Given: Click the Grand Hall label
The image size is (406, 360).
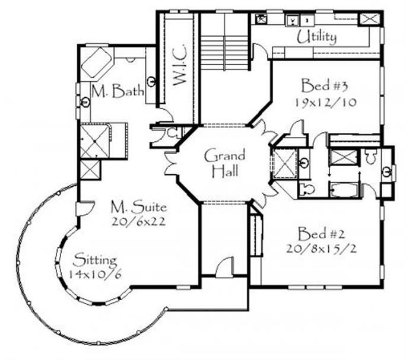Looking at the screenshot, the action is (224, 163).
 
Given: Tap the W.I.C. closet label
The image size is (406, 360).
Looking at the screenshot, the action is (179, 65).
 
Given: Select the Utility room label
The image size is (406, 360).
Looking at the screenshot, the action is (316, 37).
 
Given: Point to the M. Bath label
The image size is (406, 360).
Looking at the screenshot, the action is (118, 91).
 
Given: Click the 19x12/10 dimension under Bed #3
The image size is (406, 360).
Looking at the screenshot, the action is (325, 103).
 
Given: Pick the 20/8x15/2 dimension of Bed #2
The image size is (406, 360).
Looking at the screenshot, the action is (321, 249).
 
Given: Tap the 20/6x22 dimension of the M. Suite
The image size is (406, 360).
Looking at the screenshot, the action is (138, 222).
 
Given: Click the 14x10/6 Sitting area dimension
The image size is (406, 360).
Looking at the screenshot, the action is (94, 275).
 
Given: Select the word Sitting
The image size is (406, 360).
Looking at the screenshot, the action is (95, 260).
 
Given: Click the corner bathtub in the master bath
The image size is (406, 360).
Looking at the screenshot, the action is (97, 62).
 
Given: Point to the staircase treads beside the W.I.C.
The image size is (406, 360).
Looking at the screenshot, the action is (225, 53).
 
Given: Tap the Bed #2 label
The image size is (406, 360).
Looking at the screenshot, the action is (321, 234).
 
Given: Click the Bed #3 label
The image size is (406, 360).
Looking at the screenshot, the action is (324, 85).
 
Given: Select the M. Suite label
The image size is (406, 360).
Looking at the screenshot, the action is (139, 207).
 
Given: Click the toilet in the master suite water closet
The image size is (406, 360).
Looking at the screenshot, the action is (172, 133).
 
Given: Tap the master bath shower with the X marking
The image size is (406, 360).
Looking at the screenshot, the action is (95, 141).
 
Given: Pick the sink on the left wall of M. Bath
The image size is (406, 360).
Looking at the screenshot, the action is (85, 102).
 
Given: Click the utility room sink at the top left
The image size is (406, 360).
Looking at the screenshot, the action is (260, 19).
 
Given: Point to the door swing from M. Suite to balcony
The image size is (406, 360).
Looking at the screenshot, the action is (87, 208).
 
